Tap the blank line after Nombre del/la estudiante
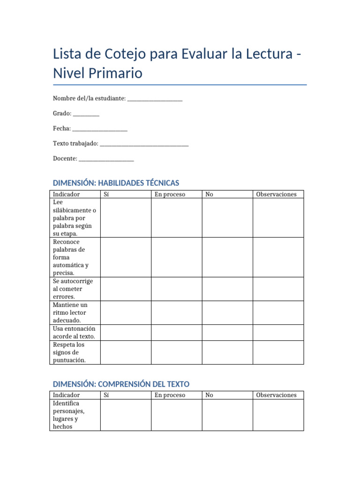(155, 99)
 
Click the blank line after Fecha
(100, 129)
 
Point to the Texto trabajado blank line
(144, 144)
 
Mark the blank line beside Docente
(106, 159)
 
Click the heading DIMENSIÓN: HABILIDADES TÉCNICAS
(116, 183)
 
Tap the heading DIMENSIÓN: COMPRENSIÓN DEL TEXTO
(121, 384)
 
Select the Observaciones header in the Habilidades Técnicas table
(276, 194)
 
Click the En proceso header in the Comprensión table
(170, 395)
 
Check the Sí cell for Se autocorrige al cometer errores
(126, 289)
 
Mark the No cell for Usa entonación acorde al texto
(227, 332)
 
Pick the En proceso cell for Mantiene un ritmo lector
(176, 313)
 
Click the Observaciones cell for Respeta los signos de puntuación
(278, 352)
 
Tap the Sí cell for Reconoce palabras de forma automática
(126, 257)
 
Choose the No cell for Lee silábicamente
(227, 218)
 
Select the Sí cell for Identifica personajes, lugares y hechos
(126, 415)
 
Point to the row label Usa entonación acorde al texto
(75, 332)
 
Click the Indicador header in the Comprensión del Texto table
(66, 395)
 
